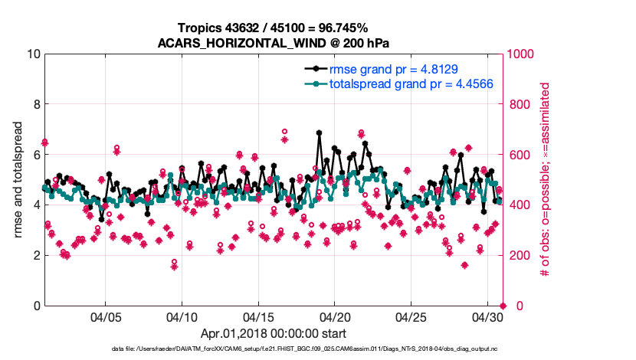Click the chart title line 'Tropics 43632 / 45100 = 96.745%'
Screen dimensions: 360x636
click(x=274, y=28)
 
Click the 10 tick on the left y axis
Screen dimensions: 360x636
click(x=33, y=54)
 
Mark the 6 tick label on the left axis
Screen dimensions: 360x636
click(x=36, y=155)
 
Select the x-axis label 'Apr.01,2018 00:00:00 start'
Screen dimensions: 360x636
click(x=274, y=333)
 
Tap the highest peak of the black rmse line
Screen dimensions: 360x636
click(x=319, y=133)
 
